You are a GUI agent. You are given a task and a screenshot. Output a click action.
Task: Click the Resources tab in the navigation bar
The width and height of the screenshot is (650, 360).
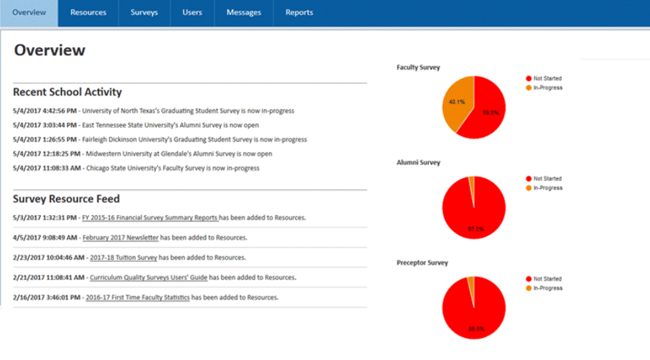pos(88,13)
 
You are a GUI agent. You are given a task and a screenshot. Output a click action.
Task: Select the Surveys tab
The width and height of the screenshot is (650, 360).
pos(144,13)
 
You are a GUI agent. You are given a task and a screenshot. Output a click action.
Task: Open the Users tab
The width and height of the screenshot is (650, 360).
pos(192,13)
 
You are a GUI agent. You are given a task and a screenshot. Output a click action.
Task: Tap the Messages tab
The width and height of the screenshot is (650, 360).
pos(244,13)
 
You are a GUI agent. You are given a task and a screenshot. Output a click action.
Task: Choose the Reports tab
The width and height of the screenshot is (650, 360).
pos(299,13)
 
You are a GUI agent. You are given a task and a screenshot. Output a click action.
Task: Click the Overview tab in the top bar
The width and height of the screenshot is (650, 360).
pos(29,13)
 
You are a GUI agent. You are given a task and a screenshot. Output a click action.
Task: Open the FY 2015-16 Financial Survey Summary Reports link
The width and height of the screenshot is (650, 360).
pos(150,218)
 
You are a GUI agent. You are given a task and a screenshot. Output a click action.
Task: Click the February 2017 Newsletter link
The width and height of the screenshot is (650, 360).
pos(120,238)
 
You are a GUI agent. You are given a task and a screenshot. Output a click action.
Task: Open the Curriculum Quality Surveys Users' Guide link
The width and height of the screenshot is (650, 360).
pos(148,278)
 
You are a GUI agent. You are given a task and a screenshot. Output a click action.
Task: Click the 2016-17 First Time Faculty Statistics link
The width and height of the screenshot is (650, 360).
pos(138,298)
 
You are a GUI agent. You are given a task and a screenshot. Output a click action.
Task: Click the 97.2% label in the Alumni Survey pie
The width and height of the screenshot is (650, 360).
pos(475,229)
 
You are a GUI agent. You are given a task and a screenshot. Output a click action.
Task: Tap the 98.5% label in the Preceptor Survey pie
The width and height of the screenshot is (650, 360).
pos(475,330)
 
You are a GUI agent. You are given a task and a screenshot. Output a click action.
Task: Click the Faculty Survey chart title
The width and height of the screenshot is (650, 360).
pos(418,67)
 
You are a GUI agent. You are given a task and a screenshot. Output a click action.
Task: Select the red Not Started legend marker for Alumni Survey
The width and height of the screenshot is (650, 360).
pos(528,178)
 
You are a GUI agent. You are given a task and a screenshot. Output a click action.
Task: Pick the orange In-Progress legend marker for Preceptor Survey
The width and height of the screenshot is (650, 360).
pos(528,288)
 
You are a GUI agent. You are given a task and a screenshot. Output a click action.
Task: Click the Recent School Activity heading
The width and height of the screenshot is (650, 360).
pos(67,92)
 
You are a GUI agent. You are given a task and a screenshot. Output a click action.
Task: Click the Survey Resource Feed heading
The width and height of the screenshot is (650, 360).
pos(66,199)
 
